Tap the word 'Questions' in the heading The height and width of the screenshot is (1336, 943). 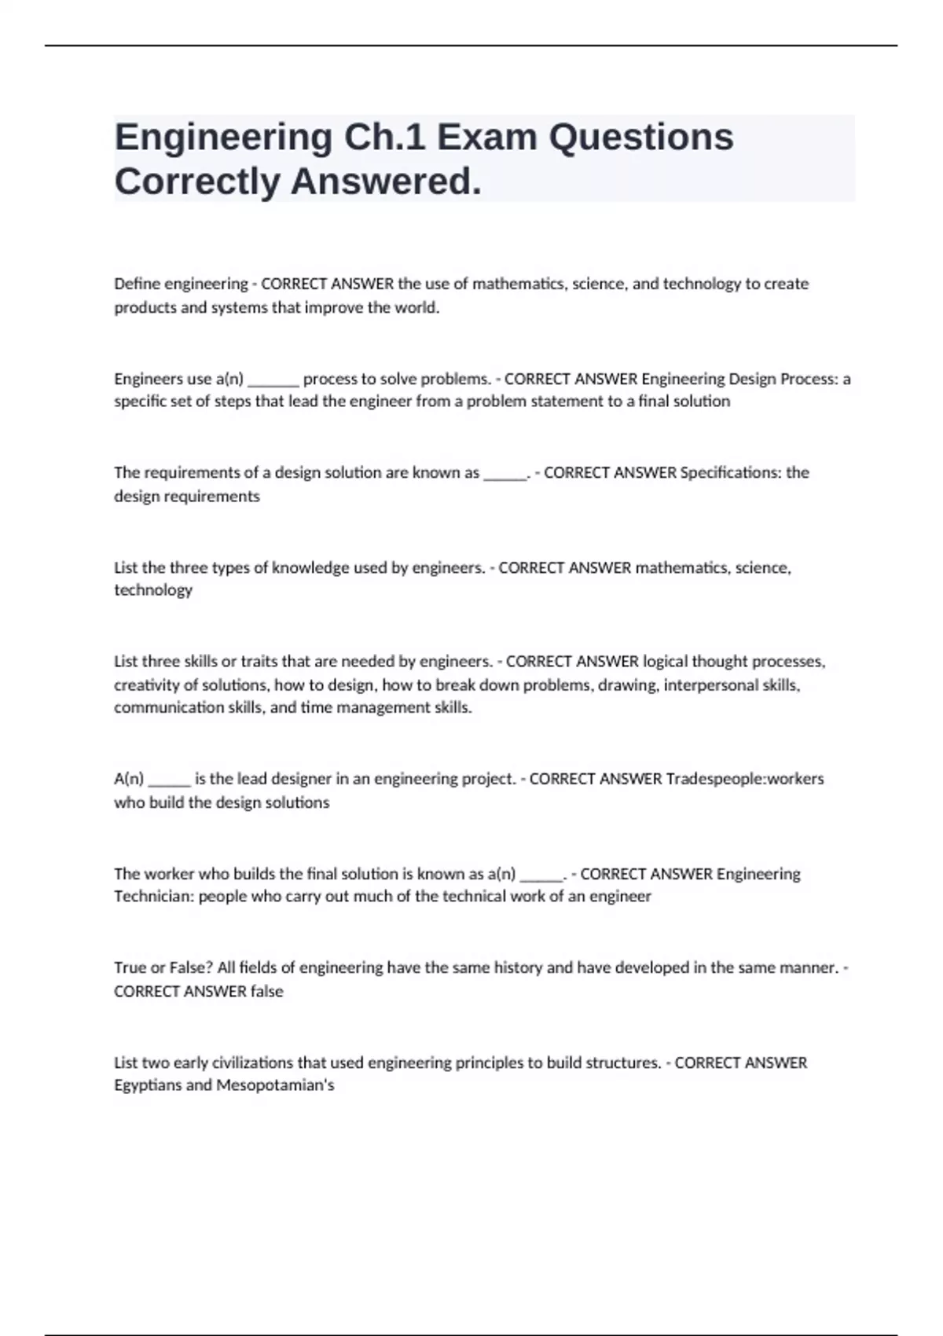point(641,138)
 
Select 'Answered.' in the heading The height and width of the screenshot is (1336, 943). point(386,182)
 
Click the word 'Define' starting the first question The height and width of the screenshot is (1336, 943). point(137,284)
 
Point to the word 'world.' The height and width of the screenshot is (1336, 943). point(415,307)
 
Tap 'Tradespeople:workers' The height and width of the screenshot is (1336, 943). point(745,779)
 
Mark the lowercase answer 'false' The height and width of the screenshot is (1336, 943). point(266,992)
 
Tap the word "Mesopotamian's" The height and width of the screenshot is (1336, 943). point(275,1086)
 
